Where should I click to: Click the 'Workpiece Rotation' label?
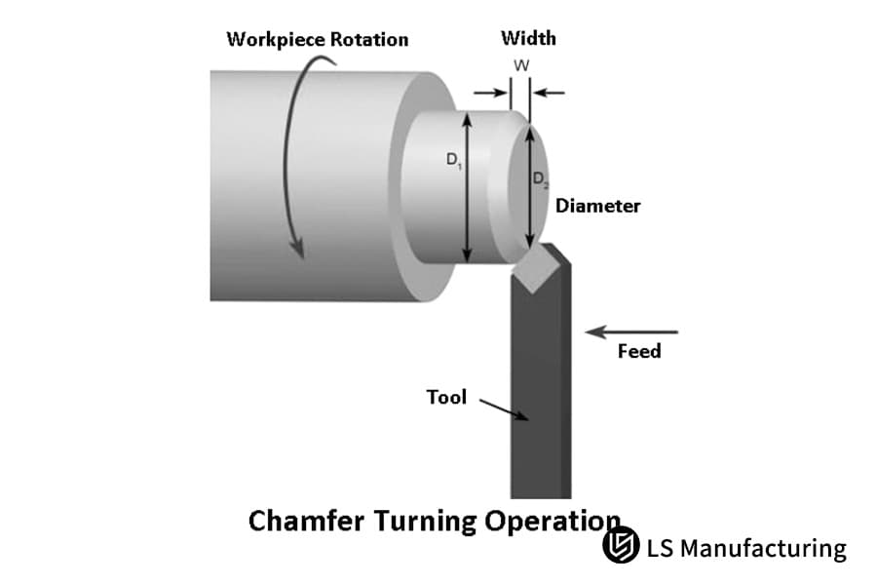[317, 40]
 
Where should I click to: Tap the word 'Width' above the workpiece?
[528, 38]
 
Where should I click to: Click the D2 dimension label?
[539, 179]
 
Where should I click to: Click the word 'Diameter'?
[597, 206]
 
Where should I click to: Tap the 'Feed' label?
[638, 351]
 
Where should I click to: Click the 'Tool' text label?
[446, 397]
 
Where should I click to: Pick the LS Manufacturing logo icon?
[620, 547]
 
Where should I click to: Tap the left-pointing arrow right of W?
[549, 94]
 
